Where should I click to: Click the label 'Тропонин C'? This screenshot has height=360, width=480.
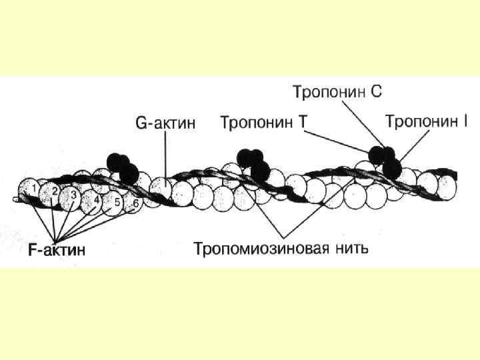coord(337,91)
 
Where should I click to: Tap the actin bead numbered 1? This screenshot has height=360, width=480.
coord(30,190)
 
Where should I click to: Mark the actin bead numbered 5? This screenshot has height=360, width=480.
coord(117,203)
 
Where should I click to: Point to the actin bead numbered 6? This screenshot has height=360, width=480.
coord(135,204)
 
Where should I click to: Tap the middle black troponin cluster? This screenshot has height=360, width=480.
coord(253,163)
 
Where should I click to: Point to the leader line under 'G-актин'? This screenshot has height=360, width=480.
coord(165,157)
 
